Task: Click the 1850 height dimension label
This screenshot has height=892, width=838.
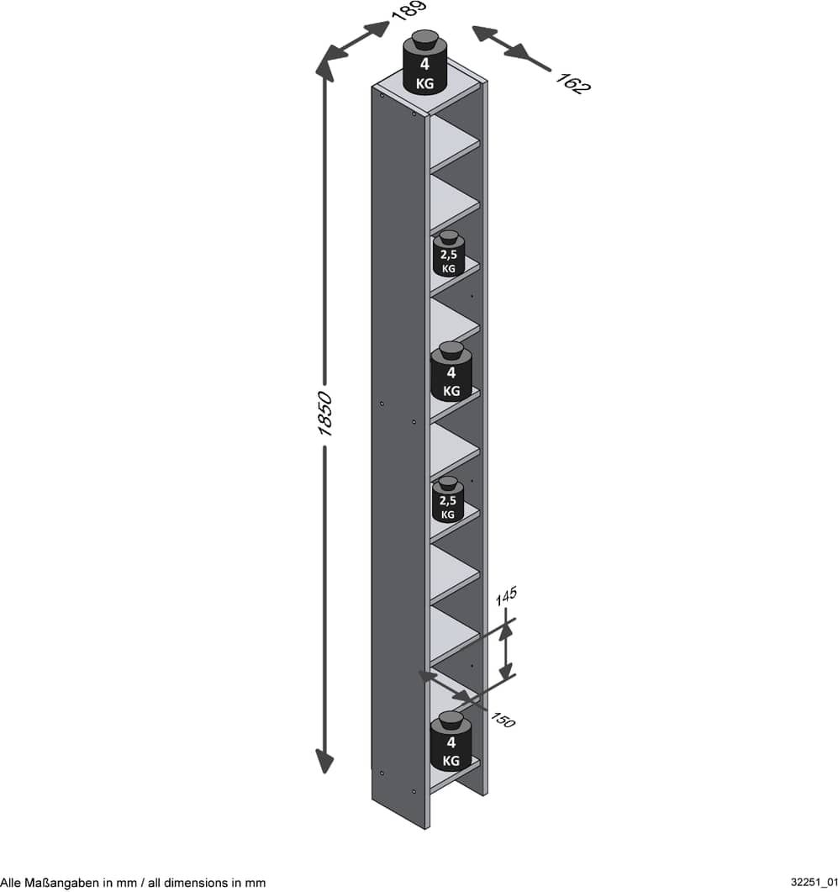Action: (324, 414)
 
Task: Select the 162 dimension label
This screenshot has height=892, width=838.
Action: (573, 83)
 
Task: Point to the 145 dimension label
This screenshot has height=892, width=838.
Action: (506, 595)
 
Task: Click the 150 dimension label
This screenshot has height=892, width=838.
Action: (503, 720)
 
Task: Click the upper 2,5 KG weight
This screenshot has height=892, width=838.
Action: (448, 254)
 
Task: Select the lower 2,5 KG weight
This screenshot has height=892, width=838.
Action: (448, 499)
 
